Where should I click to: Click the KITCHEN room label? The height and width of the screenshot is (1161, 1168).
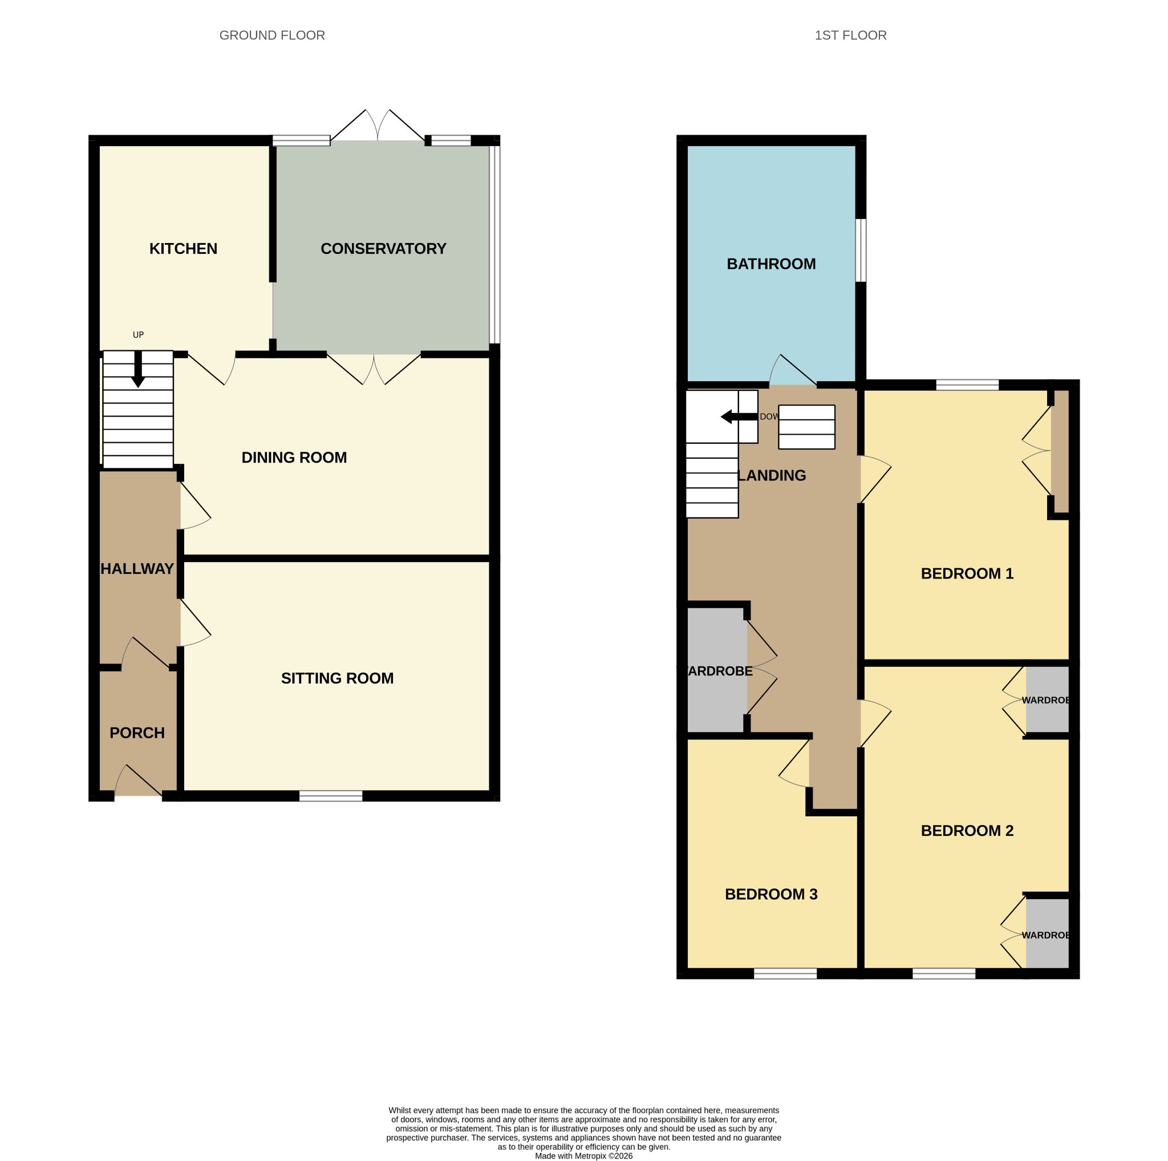(x=183, y=249)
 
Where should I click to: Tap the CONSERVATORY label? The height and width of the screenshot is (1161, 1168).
(x=383, y=249)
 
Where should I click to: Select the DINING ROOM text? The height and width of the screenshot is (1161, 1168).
(x=294, y=458)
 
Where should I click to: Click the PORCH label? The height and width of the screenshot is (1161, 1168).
(x=137, y=733)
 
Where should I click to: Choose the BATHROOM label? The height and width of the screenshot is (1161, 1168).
(x=771, y=264)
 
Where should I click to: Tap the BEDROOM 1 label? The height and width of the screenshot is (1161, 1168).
(x=967, y=573)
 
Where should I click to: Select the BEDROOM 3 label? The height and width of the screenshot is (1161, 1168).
(x=771, y=895)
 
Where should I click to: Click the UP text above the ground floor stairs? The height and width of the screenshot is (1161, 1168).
(x=139, y=335)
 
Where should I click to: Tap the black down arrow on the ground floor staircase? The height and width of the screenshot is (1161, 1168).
(x=138, y=369)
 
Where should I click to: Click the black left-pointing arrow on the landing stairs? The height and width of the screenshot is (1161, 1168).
(x=739, y=416)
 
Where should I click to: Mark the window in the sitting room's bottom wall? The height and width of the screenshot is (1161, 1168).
(x=331, y=796)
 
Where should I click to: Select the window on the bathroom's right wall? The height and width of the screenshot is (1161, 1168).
(x=861, y=250)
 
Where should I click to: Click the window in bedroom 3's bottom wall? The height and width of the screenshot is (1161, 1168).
(x=785, y=973)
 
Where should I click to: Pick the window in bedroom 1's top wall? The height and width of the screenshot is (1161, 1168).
(x=967, y=385)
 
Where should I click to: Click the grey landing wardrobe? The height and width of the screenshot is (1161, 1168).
(x=716, y=670)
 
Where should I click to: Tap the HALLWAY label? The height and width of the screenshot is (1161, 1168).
(x=137, y=569)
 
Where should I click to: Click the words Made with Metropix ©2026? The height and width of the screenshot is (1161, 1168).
(x=583, y=1155)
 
